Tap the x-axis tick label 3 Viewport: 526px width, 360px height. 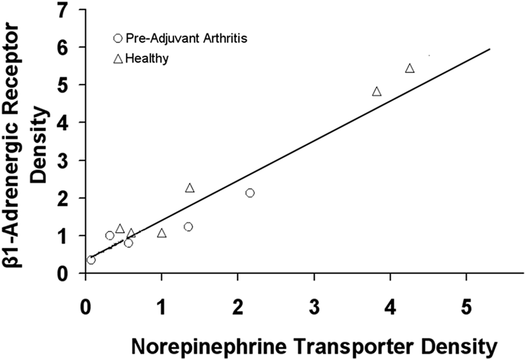point(314,307)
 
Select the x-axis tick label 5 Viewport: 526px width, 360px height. point(466,307)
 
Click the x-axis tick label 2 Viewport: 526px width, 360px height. point(238,307)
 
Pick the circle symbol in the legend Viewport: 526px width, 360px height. point(118,39)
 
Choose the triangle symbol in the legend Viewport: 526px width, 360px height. point(118,59)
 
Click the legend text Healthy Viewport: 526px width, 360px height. point(147,59)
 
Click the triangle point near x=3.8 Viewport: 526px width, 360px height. point(376,92)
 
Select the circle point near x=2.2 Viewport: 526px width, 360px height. point(250,193)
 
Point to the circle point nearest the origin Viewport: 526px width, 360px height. point(91,260)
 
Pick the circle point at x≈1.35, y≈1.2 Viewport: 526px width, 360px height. point(188,227)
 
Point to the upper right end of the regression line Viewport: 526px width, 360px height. point(489,49)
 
